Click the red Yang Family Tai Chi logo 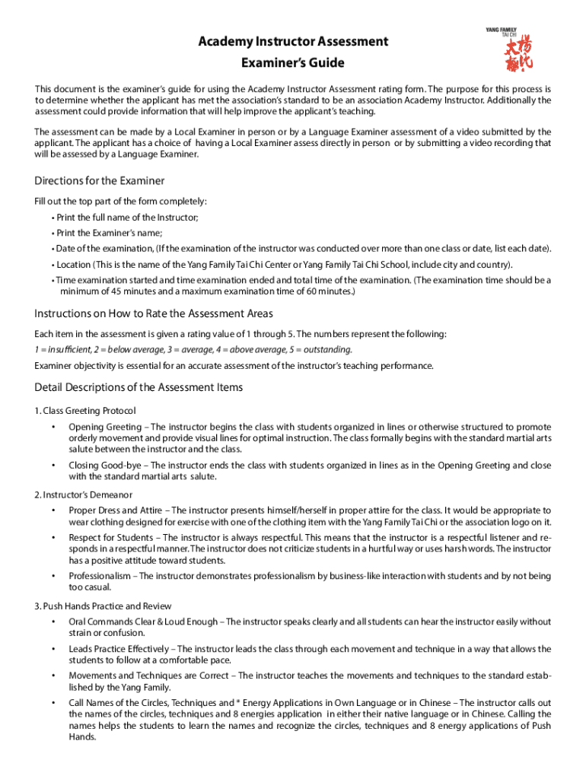523,55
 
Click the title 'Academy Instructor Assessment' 293,41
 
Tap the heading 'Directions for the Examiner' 100,181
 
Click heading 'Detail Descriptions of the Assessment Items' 139,387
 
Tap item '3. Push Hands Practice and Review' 103,606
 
